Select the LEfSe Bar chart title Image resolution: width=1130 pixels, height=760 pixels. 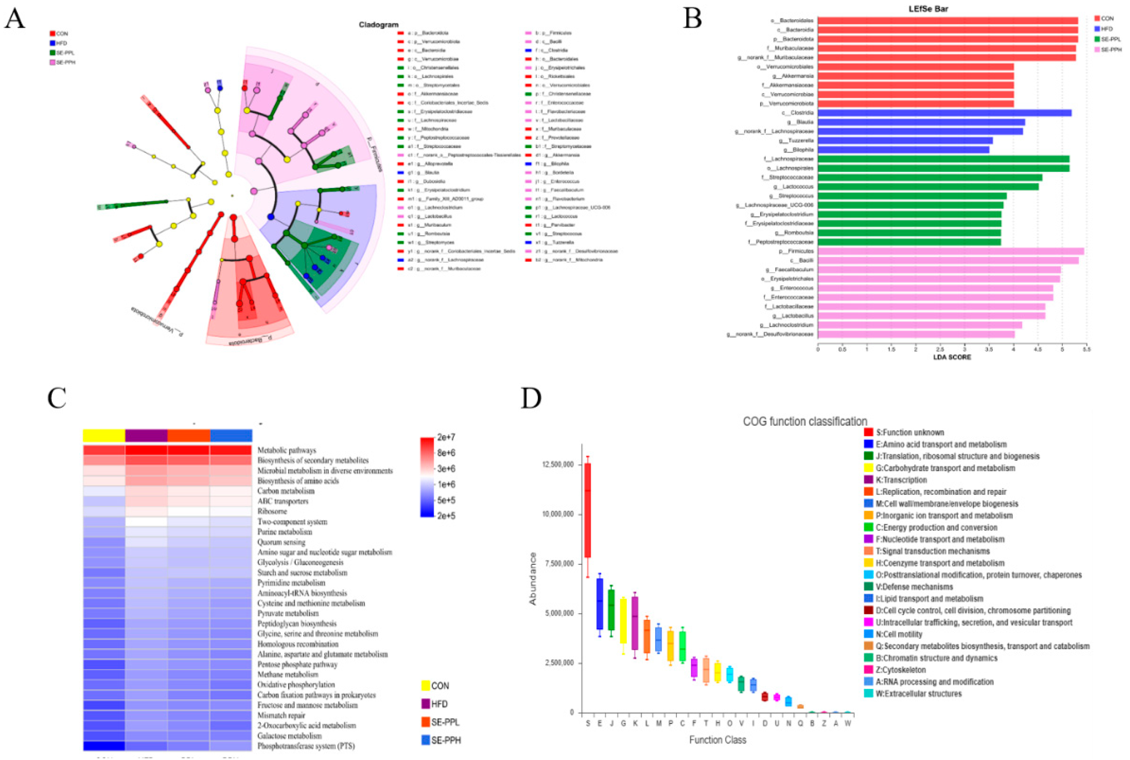pyautogui.click(x=928, y=9)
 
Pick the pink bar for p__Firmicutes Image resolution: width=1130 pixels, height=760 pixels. pyautogui.click(x=951, y=251)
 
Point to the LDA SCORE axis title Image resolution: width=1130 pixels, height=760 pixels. pyautogui.click(x=952, y=357)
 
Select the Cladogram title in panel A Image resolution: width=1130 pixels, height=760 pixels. pyautogui.click(x=379, y=25)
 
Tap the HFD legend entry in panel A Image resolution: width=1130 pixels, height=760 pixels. pyautogui.click(x=61, y=43)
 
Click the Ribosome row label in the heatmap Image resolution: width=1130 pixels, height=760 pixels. pyautogui.click(x=272, y=511)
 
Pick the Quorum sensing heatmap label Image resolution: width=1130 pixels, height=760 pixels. pyautogui.click(x=281, y=542)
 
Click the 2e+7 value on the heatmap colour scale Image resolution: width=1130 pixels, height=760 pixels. pyautogui.click(x=445, y=437)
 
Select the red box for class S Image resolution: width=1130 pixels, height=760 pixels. pyautogui.click(x=588, y=510)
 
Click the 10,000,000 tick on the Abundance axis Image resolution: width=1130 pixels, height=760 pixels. pyautogui.click(x=557, y=514)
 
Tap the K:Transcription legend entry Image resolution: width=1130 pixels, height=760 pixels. pyautogui.click(x=901, y=480)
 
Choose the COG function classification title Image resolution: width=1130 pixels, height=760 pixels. pyautogui.click(x=805, y=421)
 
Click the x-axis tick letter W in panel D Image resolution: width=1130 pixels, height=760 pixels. pyautogui.click(x=848, y=723)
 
